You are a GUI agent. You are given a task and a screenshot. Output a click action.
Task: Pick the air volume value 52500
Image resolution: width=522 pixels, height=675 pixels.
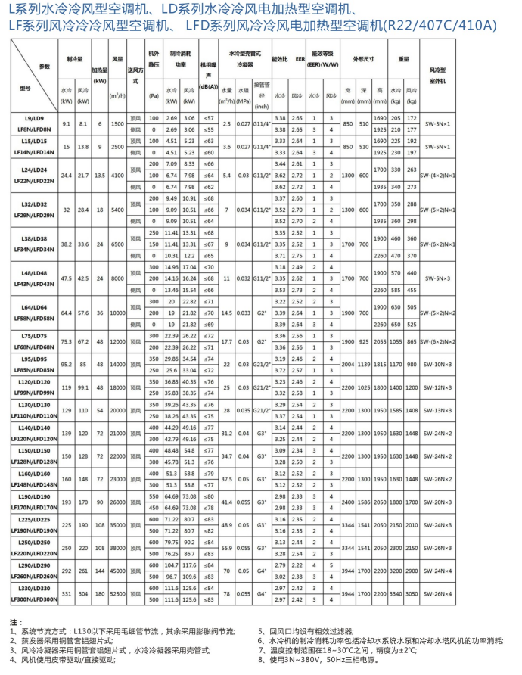[117, 594]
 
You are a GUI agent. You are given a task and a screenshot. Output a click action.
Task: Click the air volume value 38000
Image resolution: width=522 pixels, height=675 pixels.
[117, 548]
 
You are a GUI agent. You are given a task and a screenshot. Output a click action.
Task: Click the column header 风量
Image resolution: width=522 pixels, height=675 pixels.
[117, 58]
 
